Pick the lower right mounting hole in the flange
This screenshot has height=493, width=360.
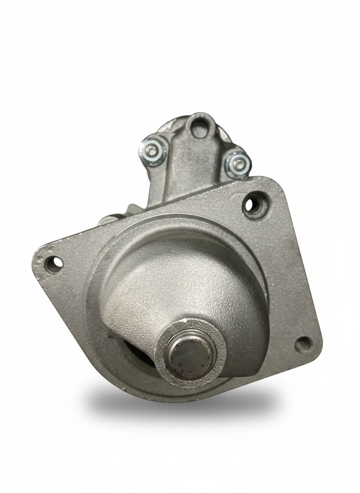302,344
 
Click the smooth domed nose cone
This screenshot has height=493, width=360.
183,283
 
